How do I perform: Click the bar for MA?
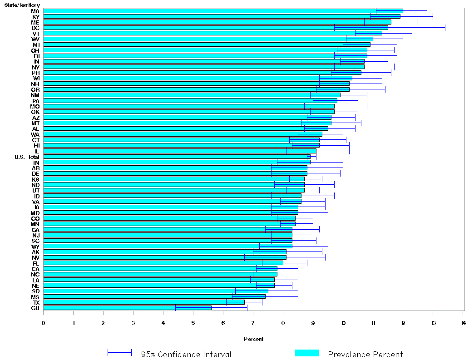pyautogui.click(x=222, y=11)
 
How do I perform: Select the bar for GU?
pyautogui.click(x=127, y=308)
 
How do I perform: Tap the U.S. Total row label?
pyautogui.click(x=27, y=157)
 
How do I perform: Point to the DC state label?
pyautogui.click(x=35, y=28)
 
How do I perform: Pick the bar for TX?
pyautogui.click(x=143, y=302)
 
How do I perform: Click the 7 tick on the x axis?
pyautogui.click(x=253, y=323)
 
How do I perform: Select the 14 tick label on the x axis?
pyautogui.click(x=463, y=323)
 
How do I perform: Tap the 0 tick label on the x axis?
pyautogui.click(x=44, y=323)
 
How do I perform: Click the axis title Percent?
pyautogui.click(x=253, y=339)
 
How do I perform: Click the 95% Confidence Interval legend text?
pyautogui.click(x=186, y=355)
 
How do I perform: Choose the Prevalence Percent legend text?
pyautogui.click(x=365, y=355)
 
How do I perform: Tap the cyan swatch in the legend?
pyautogui.click(x=307, y=353)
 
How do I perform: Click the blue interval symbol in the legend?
pyautogui.click(x=119, y=353)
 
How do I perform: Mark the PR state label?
pyautogui.click(x=35, y=73)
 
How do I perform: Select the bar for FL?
pyautogui.click(x=163, y=263)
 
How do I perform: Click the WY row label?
pyautogui.click(x=35, y=246)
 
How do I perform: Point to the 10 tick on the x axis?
pyautogui.click(x=343, y=323)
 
